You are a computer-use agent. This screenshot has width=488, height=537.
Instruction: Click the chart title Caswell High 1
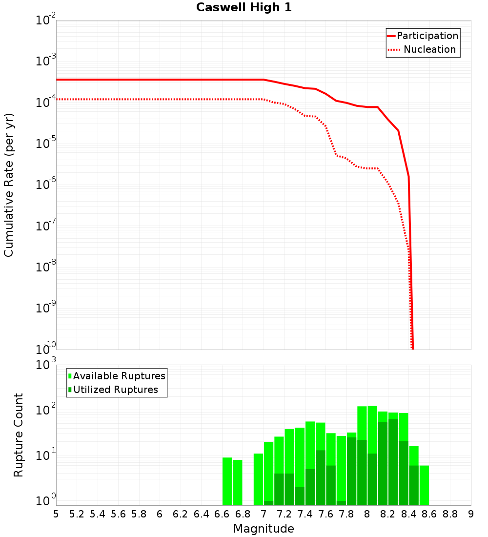coord(244,7)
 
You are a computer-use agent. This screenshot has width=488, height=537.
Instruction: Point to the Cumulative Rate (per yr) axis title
coord(9,185)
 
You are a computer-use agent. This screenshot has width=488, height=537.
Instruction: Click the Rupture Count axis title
coord(19,435)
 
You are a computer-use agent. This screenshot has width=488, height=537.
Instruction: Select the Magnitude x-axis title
coord(264,529)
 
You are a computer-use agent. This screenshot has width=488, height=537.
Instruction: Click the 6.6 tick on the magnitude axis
coord(222,514)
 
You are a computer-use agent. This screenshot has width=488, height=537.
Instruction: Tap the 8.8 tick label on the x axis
coord(450,514)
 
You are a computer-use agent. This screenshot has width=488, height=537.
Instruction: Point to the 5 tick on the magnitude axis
coord(56,514)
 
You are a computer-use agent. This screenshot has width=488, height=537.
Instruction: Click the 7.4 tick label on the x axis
coord(305,514)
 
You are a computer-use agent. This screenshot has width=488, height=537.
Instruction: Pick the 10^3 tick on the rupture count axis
coord(47,365)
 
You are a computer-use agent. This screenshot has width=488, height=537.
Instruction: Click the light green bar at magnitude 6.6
coord(227,481)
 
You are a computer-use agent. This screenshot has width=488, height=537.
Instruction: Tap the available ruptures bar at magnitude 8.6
coord(424,485)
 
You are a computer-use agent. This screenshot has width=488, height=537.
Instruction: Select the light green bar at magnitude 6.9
coord(258,479)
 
